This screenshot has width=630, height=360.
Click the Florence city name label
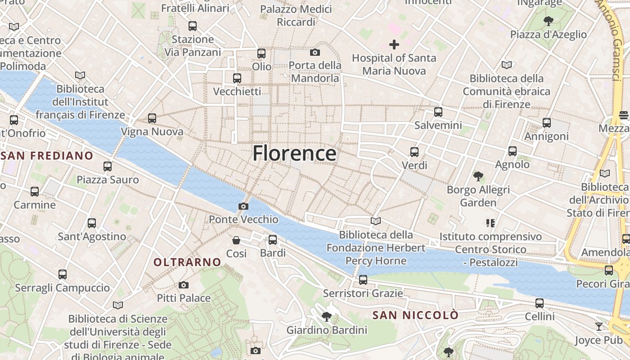294,153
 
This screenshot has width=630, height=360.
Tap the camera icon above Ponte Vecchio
243,206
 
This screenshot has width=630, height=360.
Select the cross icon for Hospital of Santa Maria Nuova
394,45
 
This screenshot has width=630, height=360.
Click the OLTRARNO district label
187,262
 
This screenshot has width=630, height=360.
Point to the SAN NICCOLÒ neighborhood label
415,315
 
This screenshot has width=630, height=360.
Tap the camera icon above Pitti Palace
183,285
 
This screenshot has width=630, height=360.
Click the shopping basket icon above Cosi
236,240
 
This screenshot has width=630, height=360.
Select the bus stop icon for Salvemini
438,112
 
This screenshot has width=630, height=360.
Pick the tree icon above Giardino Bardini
327,317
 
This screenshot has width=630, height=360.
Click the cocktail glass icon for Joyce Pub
599,326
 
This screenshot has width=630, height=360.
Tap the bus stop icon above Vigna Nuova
152,118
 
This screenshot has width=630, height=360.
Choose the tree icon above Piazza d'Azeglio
548,21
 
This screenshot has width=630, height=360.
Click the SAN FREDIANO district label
47,156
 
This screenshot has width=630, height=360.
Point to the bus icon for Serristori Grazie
363,280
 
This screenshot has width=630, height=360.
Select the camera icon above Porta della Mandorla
315,52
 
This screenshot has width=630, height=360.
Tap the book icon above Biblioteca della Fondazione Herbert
376,221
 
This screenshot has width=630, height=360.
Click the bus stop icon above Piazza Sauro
108,166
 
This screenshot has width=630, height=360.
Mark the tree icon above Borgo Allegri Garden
478,176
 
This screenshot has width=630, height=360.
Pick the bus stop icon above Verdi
414,152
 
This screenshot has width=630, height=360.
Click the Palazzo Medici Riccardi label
296,15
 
